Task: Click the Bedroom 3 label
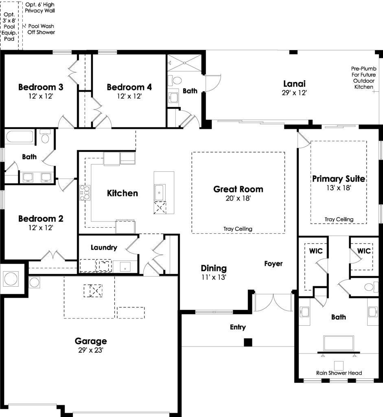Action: pos(41,87)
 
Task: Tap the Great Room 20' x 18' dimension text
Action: pos(238,198)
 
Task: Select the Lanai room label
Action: pos(294,84)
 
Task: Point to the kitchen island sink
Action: pos(160,192)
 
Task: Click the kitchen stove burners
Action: pos(85,193)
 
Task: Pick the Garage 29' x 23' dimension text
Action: pos(91,350)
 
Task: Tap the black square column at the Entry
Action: pos(248,342)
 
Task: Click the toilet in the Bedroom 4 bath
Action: pos(175,80)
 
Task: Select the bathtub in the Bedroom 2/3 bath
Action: pos(20,136)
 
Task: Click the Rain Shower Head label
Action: pos(339,373)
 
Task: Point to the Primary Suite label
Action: pos(339,179)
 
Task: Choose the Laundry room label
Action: pos(104,248)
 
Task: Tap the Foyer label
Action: pos(273,263)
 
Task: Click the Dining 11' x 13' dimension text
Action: pos(214,277)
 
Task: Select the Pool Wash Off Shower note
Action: pos(41,29)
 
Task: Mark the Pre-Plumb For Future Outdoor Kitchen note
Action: pos(363,78)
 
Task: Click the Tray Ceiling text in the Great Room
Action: pos(238,229)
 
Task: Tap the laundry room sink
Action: pos(125,267)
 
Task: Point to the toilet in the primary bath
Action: pos(371,287)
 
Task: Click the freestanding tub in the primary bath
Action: pos(339,343)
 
